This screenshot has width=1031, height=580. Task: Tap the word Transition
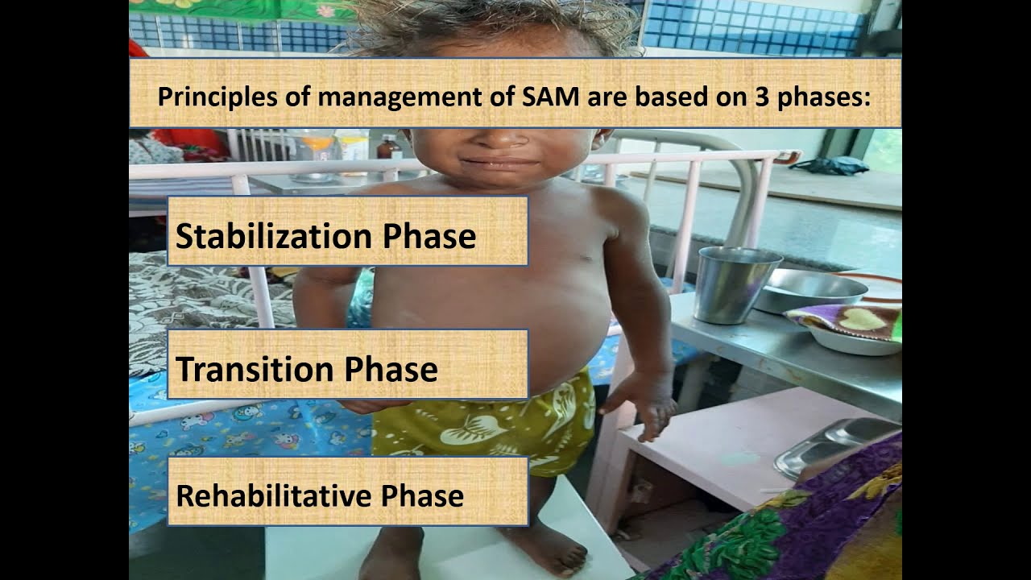(255, 369)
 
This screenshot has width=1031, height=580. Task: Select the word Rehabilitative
(274, 495)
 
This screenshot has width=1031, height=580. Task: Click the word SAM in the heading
(552, 97)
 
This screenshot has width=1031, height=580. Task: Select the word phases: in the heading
(823, 97)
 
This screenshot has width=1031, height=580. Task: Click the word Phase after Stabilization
(429, 236)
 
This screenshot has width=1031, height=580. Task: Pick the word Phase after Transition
(391, 369)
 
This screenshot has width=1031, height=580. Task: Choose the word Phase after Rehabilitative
(423, 495)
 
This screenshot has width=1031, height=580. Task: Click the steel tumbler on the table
(736, 284)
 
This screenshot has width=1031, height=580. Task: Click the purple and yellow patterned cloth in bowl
(846, 322)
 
